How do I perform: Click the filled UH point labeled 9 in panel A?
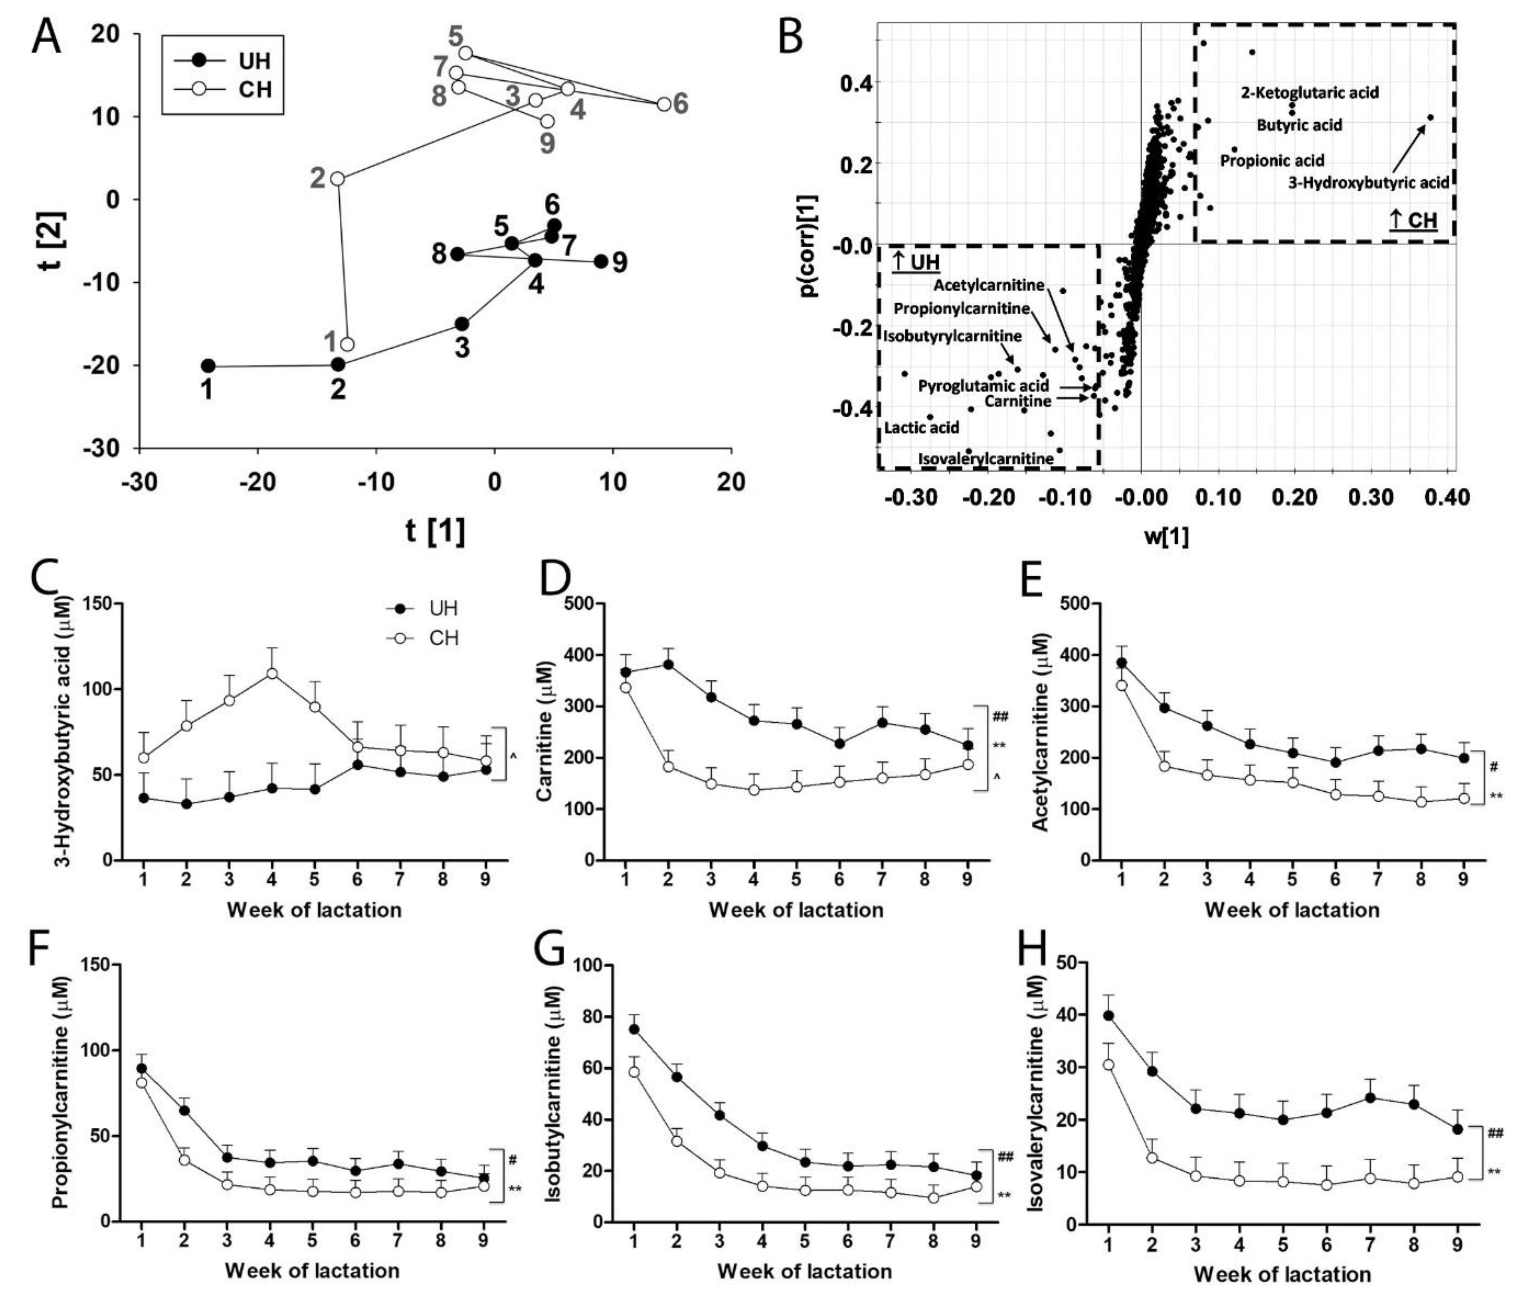(x=601, y=261)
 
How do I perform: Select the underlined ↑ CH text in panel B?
(x=1413, y=220)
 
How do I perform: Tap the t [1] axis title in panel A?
(x=435, y=531)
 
